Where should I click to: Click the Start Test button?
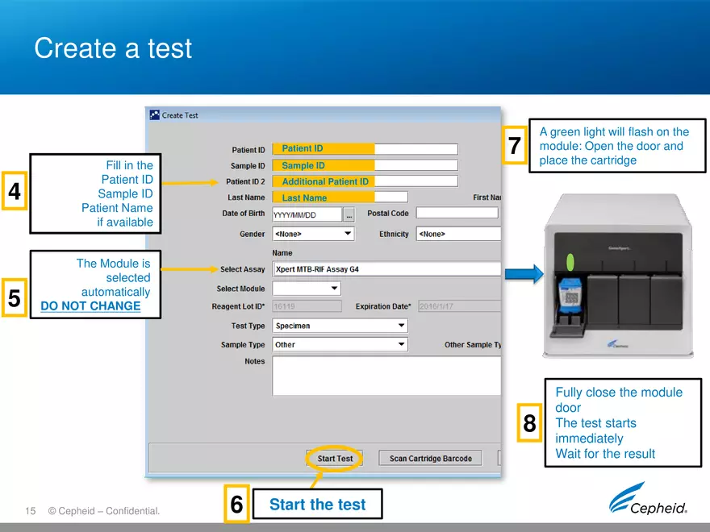pos(335,459)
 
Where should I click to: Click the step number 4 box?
pos(15,192)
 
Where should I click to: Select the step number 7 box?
pos(515,146)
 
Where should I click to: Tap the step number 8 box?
pos(529,423)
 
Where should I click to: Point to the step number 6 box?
pos(236,505)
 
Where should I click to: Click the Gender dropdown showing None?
pos(313,234)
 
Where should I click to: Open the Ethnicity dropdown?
pos(457,234)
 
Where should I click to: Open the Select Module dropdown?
pos(307,289)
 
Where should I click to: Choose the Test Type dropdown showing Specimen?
pos(340,326)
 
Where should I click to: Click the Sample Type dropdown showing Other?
pos(340,344)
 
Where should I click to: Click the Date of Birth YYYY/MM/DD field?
pos(307,214)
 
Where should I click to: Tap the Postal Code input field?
pos(457,214)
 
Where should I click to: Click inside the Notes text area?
pos(386,376)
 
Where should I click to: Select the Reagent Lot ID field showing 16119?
pos(307,306)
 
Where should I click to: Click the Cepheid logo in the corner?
pos(648,500)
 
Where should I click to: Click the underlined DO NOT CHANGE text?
pos(90,306)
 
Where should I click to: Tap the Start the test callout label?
pos(317,505)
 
